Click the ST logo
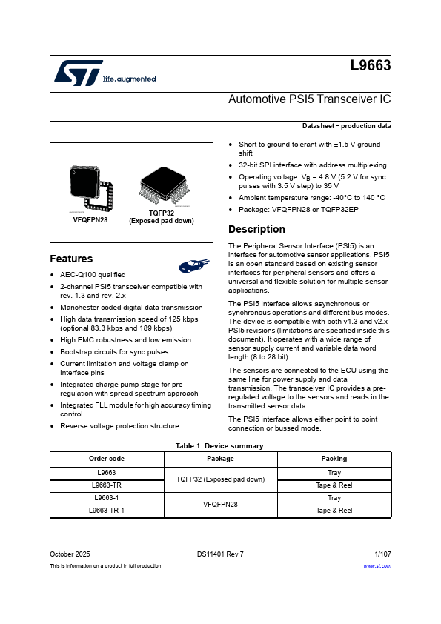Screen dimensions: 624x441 [78, 73]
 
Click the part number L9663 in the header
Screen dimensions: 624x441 [371, 65]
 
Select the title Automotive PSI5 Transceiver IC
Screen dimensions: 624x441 [309, 99]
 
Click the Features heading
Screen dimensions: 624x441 [71, 259]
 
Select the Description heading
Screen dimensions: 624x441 [256, 229]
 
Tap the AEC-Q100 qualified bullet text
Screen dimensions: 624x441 [93, 275]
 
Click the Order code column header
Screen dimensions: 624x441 [107, 459]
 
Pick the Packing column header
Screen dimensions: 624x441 [334, 459]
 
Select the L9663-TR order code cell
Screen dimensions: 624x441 [107, 485]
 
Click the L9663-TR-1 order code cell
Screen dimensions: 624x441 [107, 511]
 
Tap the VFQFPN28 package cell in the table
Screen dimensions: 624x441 [221, 504]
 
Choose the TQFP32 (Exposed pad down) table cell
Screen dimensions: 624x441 [221, 479]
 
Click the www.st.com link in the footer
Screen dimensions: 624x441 [377, 565]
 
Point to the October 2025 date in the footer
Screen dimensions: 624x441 [70, 554]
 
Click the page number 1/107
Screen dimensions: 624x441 [383, 554]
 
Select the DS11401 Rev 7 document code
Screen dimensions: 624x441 [220, 554]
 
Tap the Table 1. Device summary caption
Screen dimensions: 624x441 [220, 445]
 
